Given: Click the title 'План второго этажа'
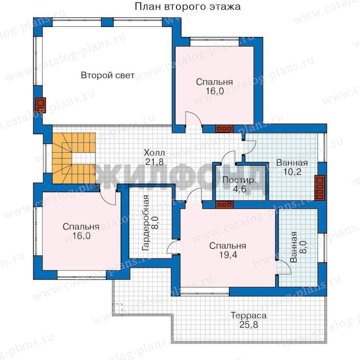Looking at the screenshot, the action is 187,6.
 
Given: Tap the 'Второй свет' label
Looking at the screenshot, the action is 108,75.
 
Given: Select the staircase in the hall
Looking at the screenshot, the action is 74,158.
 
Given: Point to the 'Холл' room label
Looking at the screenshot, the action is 154,153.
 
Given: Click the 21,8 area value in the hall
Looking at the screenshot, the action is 154,162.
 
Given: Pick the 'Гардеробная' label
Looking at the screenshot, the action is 146,223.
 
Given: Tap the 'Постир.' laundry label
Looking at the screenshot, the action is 240,180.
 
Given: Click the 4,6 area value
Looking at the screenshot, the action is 240,189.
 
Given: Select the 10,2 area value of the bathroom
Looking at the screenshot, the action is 292,172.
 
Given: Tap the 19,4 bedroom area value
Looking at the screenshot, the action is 228,255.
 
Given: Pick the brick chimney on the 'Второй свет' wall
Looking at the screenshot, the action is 40,105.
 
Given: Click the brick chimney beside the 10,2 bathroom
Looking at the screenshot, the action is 320,188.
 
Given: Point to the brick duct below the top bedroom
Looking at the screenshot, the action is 224,129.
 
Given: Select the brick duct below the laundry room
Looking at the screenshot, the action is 224,204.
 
